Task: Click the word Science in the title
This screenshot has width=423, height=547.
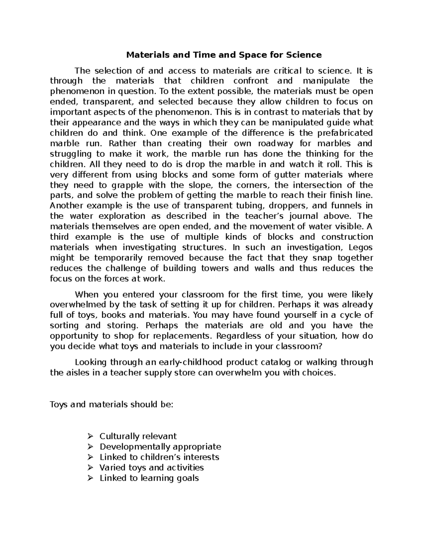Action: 304,55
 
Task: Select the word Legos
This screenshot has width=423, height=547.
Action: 360,247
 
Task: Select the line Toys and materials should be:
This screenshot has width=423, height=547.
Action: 112,404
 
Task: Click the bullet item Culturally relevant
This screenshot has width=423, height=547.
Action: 138,436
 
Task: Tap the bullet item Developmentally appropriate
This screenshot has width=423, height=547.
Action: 160,447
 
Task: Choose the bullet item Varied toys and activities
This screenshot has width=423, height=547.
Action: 152,468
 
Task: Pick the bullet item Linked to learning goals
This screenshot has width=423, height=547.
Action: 149,478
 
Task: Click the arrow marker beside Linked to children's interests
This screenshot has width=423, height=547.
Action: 90,457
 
